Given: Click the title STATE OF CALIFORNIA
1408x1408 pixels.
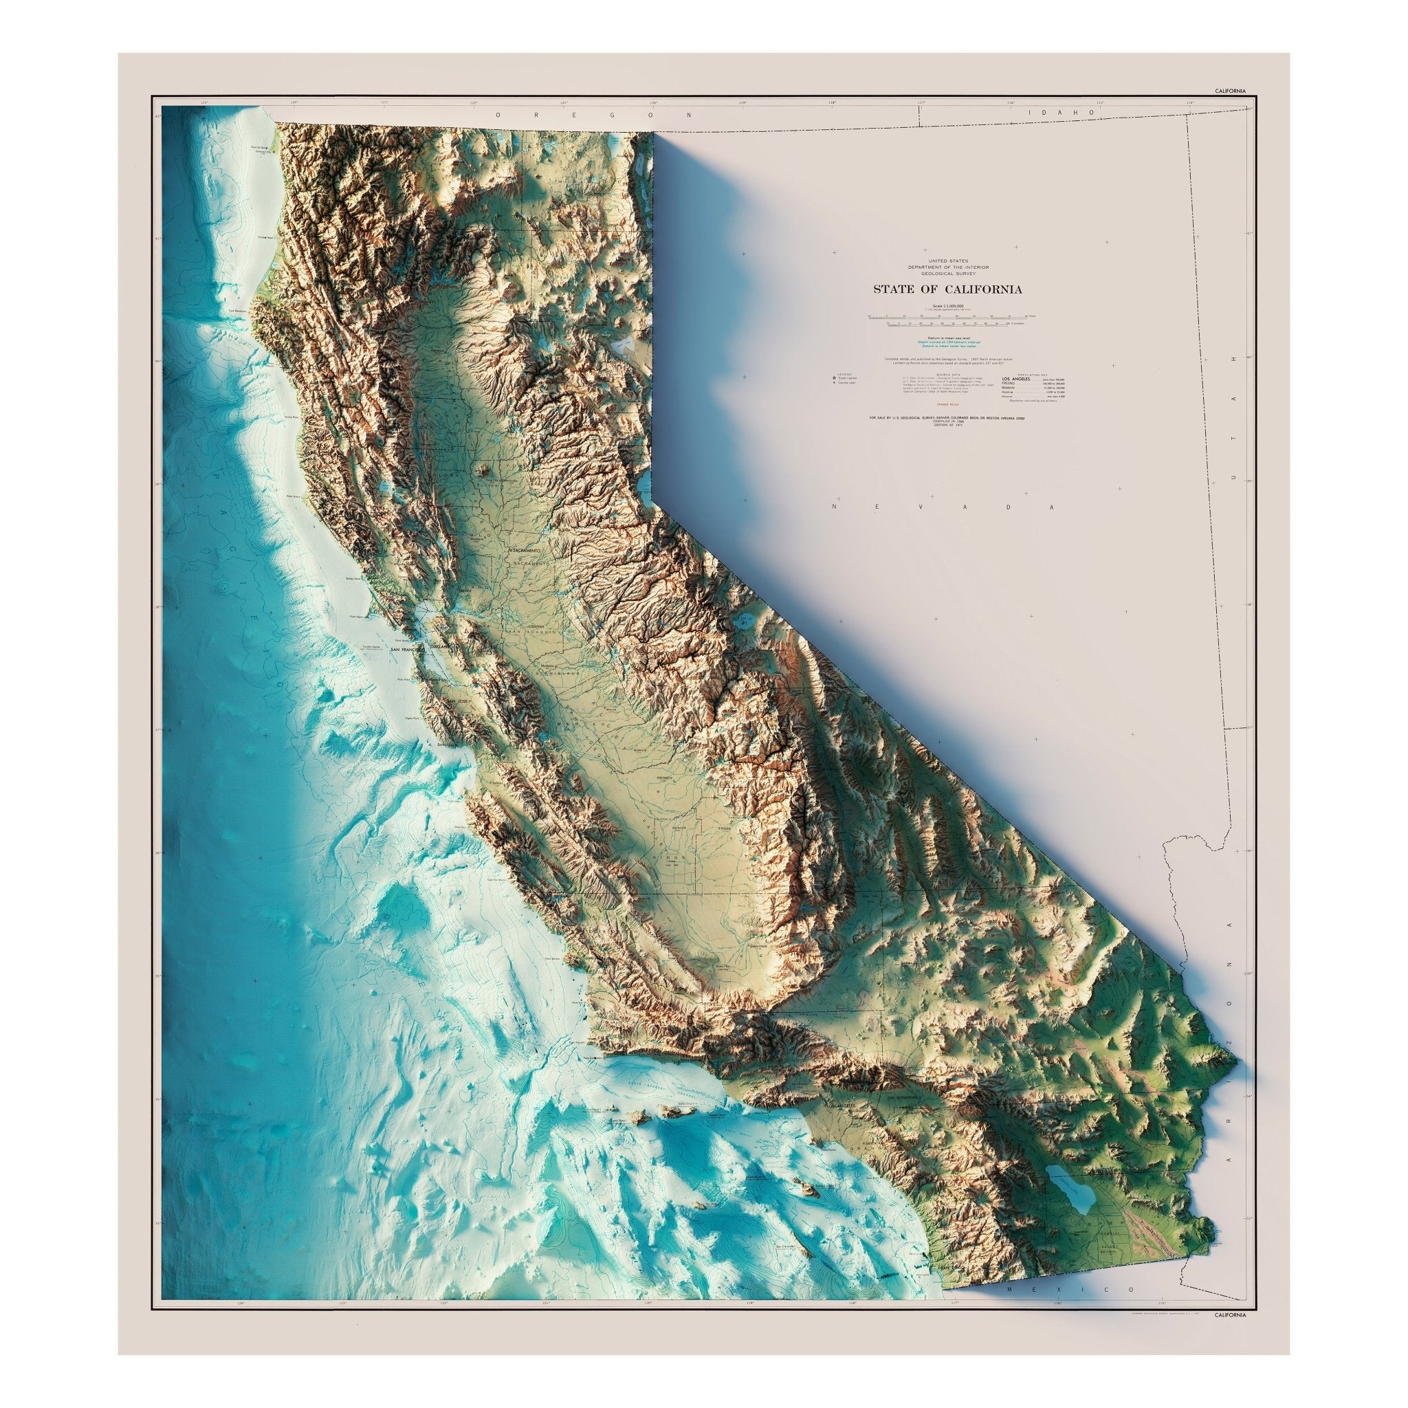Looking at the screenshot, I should pos(947,289).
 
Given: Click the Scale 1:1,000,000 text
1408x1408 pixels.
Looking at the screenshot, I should pos(947,305).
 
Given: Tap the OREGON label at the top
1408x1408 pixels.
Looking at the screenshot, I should pos(593,115).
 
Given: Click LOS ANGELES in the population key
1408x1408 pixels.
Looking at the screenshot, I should pos(1017,380).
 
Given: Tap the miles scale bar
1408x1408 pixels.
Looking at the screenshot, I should pos(947,317).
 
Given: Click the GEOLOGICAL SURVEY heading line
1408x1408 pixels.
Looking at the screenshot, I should pos(947,274).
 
